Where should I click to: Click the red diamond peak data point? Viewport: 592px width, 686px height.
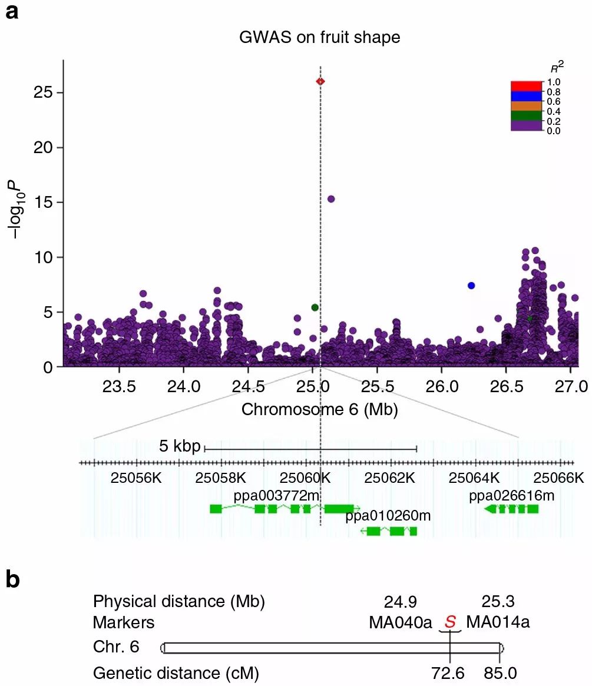[x=320, y=81]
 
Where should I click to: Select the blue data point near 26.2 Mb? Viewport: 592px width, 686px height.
[x=471, y=286]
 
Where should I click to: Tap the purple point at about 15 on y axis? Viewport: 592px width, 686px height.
[x=331, y=199]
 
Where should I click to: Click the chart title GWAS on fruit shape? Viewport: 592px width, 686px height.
[x=319, y=38]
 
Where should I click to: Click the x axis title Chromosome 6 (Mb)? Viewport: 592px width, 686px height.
[x=319, y=410]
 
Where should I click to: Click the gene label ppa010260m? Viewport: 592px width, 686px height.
[x=388, y=516]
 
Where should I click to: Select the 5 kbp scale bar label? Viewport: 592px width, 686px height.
[x=179, y=446]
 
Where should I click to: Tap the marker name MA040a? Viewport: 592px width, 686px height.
[x=401, y=622]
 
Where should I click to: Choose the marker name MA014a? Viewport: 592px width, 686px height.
[x=498, y=622]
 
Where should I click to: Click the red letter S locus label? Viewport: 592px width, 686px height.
[x=450, y=622]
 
